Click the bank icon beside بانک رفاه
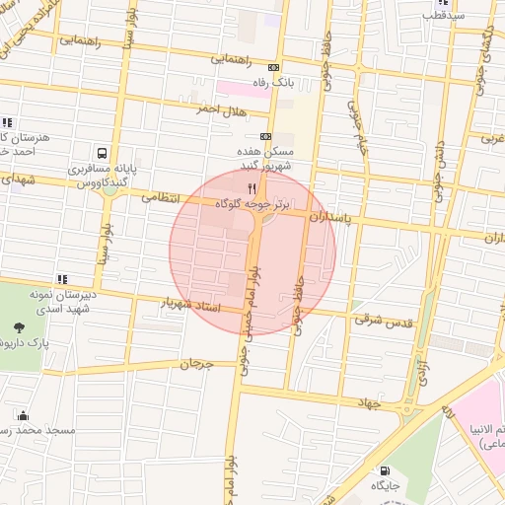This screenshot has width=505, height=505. tap(273, 67)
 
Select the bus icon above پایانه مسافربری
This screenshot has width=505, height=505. tap(102, 153)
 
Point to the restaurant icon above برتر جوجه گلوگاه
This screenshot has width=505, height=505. tap(252, 188)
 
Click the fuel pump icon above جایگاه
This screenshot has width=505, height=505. tap(385, 470)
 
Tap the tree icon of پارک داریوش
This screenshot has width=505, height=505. tap(21, 327)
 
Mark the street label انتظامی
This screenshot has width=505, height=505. tap(162, 197)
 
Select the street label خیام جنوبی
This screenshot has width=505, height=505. tap(357, 125)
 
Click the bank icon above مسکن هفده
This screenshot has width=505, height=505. tap(263, 137)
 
